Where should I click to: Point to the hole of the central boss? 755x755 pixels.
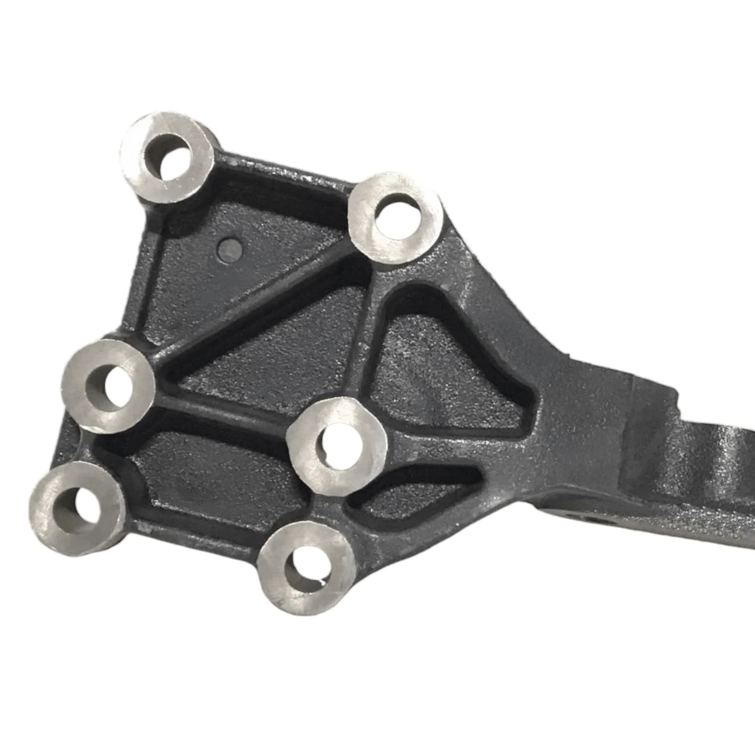coord(336,439)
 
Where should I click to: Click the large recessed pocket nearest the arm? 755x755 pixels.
coord(435,367)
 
